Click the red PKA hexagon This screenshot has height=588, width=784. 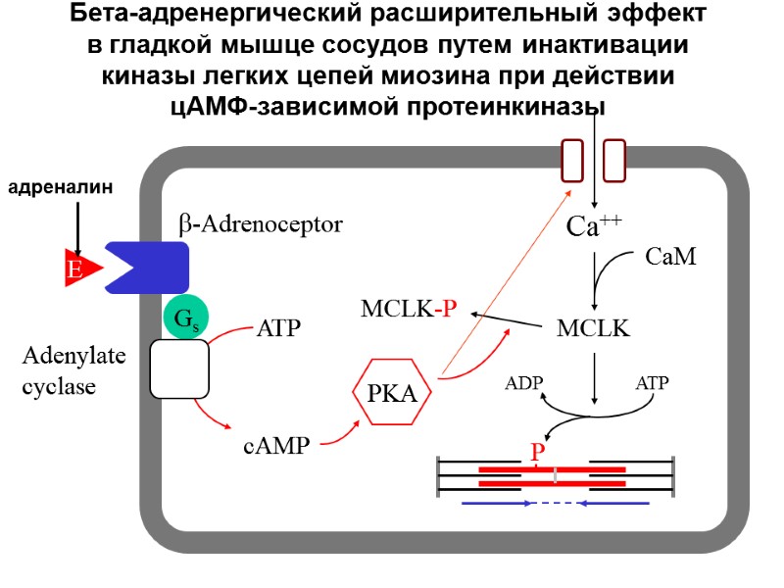tap(392, 394)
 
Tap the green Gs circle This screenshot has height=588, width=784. tap(183, 318)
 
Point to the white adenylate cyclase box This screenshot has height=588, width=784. tap(179, 369)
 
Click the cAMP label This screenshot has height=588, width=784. tap(275, 447)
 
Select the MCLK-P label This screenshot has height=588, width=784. tap(409, 311)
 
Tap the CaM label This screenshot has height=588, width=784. tap(670, 258)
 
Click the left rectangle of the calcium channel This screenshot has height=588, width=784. tap(572, 161)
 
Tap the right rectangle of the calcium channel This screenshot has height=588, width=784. tap(614, 161)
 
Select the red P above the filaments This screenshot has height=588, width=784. tap(537, 453)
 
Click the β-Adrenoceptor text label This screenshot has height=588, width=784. tap(261, 224)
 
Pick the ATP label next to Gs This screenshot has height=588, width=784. tap(278, 328)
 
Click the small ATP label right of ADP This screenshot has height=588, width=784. tap(652, 383)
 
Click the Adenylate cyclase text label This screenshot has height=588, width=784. tap(73, 370)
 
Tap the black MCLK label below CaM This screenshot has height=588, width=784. tap(593, 328)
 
